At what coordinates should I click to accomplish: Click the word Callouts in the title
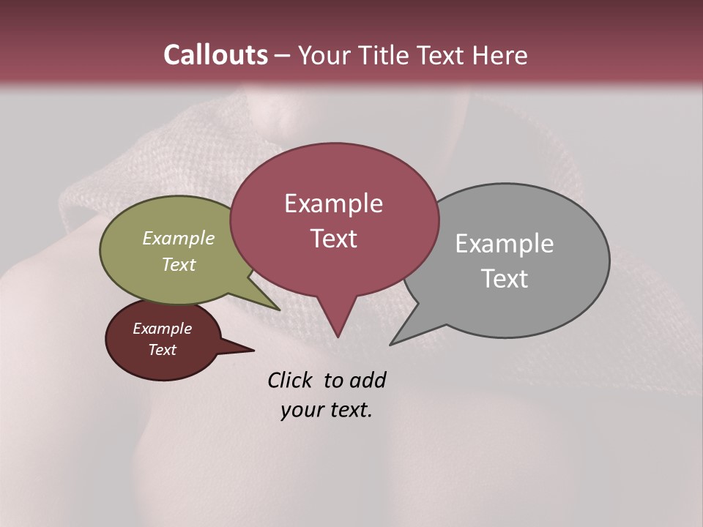[x=215, y=55]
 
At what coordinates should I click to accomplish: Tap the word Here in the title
[x=499, y=55]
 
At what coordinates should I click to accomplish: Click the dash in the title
[x=283, y=56]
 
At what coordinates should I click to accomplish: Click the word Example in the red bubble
[x=333, y=203]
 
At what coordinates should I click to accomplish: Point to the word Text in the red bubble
[x=334, y=239]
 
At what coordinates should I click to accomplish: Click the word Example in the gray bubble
[x=504, y=244]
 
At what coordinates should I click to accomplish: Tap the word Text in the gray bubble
[x=505, y=279]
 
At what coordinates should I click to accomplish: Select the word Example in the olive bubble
[x=179, y=238]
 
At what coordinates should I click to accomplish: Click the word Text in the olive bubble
[x=179, y=264]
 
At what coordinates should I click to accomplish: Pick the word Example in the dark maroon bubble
[x=162, y=329]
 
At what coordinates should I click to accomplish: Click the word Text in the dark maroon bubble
[x=163, y=350]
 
